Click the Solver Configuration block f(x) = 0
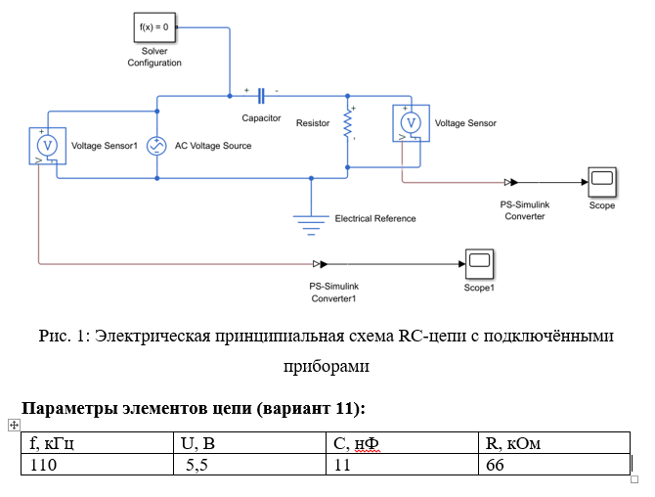pyautogui.click(x=153, y=29)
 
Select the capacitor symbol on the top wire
pyautogui.click(x=261, y=96)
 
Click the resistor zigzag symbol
pyautogui.click(x=347, y=124)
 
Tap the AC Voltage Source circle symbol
pyautogui.click(x=154, y=146)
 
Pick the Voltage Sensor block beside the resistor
pyautogui.click(x=412, y=123)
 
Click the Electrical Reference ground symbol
pyautogui.click(x=311, y=222)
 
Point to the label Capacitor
pyautogui.click(x=261, y=118)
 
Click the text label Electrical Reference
pyautogui.click(x=374, y=218)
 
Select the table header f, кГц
pyautogui.click(x=54, y=445)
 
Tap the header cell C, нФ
pyautogui.click(x=357, y=445)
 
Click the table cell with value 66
pyautogui.click(x=494, y=465)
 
